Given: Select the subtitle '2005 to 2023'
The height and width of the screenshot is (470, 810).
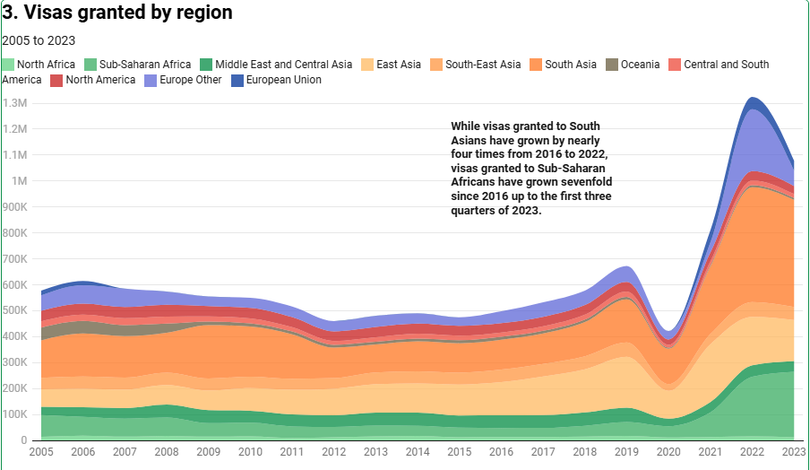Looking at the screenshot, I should click(x=39, y=40).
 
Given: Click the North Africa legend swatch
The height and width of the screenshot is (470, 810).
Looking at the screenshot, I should click(x=9, y=65).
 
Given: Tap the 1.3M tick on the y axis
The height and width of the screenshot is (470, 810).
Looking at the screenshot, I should click(x=15, y=103).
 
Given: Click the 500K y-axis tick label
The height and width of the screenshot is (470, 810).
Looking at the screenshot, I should click(x=15, y=310).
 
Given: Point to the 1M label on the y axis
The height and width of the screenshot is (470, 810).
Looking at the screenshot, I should click(x=18, y=181).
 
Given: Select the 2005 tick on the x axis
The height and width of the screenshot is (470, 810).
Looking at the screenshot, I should click(x=41, y=452).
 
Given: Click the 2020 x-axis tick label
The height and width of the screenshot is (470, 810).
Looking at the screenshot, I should click(x=669, y=452).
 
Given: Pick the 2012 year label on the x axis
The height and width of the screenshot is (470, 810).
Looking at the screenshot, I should click(x=334, y=452).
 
